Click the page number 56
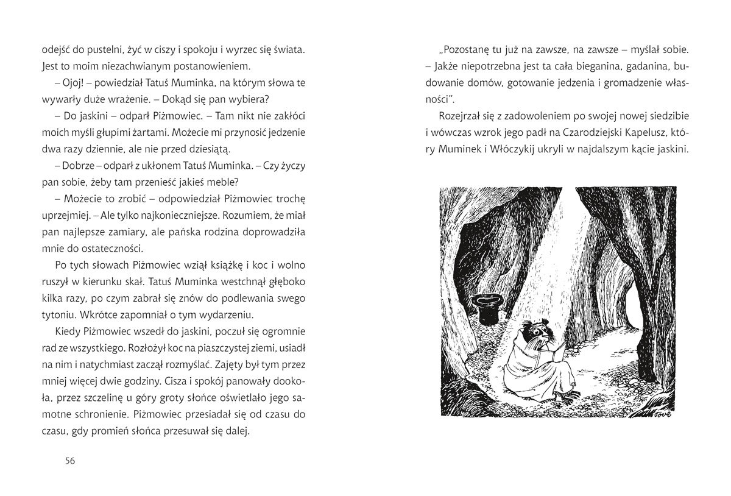(x=69, y=460)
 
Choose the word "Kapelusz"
(x=652, y=132)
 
